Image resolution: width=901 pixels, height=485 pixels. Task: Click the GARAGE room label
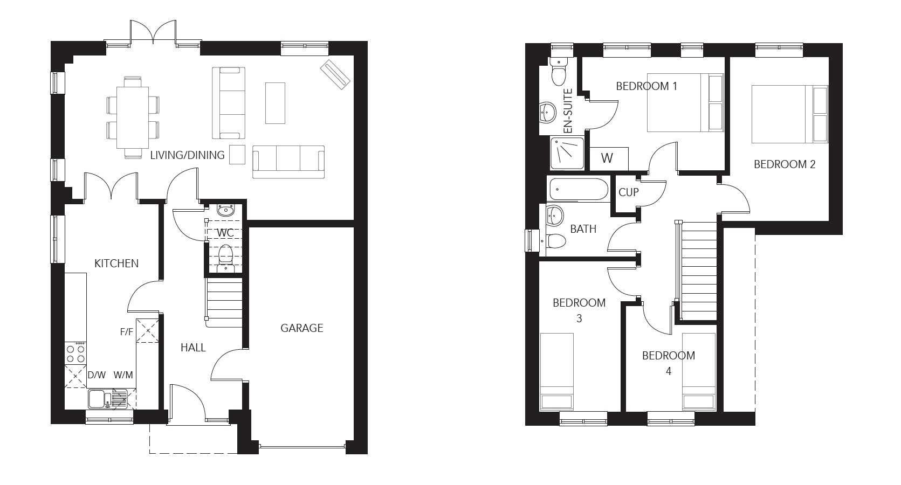tap(301, 328)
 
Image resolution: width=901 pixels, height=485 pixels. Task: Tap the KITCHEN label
tap(116, 263)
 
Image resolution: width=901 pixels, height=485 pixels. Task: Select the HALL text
tap(193, 348)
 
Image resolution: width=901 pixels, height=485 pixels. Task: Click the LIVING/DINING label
tap(187, 155)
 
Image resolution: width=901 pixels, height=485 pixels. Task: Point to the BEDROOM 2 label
tap(784, 164)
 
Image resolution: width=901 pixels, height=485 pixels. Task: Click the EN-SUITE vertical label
tap(568, 111)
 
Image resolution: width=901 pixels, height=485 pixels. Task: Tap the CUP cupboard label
tap(628, 192)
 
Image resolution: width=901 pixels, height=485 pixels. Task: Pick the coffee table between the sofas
tap(275, 102)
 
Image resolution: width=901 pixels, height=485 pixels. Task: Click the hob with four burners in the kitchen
tap(75, 353)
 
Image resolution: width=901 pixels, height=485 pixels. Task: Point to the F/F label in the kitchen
tap(126, 332)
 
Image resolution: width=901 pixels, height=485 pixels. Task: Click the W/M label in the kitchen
tap(123, 375)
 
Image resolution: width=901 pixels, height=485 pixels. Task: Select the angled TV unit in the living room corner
tap(335, 74)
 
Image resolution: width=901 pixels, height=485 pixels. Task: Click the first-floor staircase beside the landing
tap(699, 269)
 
